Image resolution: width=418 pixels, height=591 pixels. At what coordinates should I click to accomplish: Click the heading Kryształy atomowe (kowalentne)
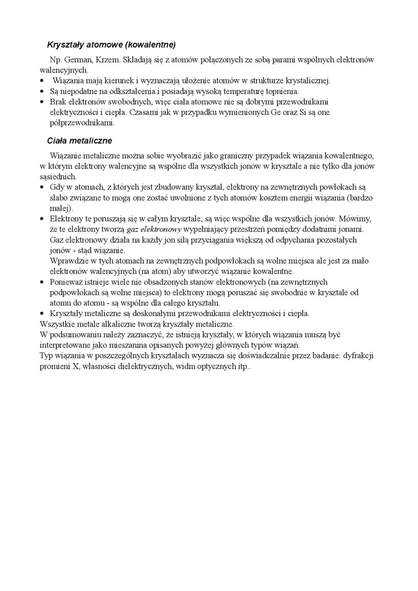[111, 43]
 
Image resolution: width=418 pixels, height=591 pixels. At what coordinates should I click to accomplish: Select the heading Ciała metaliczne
[80, 141]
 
